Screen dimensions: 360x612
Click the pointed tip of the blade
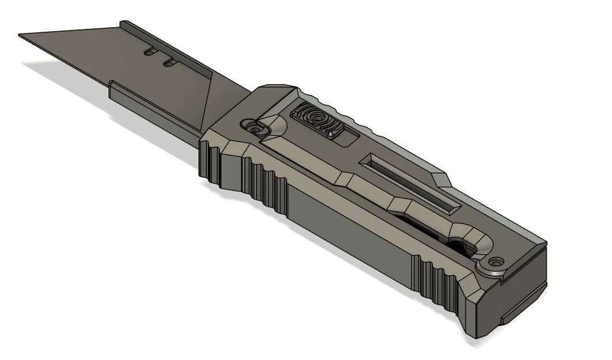click(21, 36)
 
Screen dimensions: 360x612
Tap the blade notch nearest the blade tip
click(150, 52)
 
